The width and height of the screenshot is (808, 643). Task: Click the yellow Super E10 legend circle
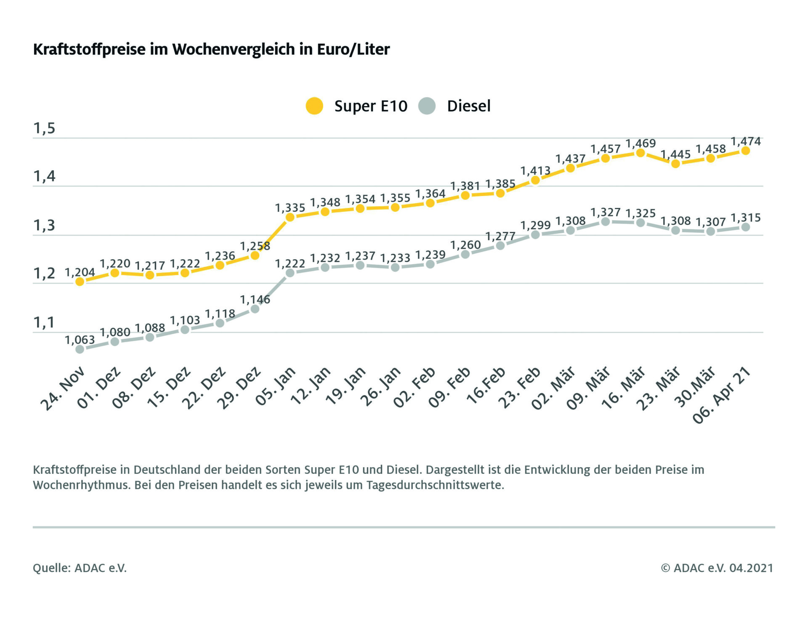click(x=314, y=106)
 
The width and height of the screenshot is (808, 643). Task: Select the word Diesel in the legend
click(x=468, y=106)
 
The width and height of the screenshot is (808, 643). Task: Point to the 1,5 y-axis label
click(x=44, y=128)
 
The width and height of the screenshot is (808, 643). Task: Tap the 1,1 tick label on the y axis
click(x=44, y=323)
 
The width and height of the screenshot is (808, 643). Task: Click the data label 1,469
click(x=641, y=143)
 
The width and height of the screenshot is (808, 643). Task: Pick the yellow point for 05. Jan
click(x=290, y=217)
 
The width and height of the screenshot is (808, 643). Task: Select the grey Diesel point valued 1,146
click(x=255, y=309)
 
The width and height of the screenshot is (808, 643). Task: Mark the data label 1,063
click(x=80, y=340)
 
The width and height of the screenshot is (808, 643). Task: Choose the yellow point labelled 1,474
click(x=745, y=151)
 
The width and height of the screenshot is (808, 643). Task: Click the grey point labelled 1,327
click(x=606, y=222)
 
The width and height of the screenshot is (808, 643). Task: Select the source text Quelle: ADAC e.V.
click(x=80, y=568)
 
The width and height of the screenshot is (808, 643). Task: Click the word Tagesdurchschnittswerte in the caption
click(x=435, y=485)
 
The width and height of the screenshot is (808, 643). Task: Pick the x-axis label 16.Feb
click(x=486, y=386)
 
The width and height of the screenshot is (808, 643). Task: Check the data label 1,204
click(x=80, y=272)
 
